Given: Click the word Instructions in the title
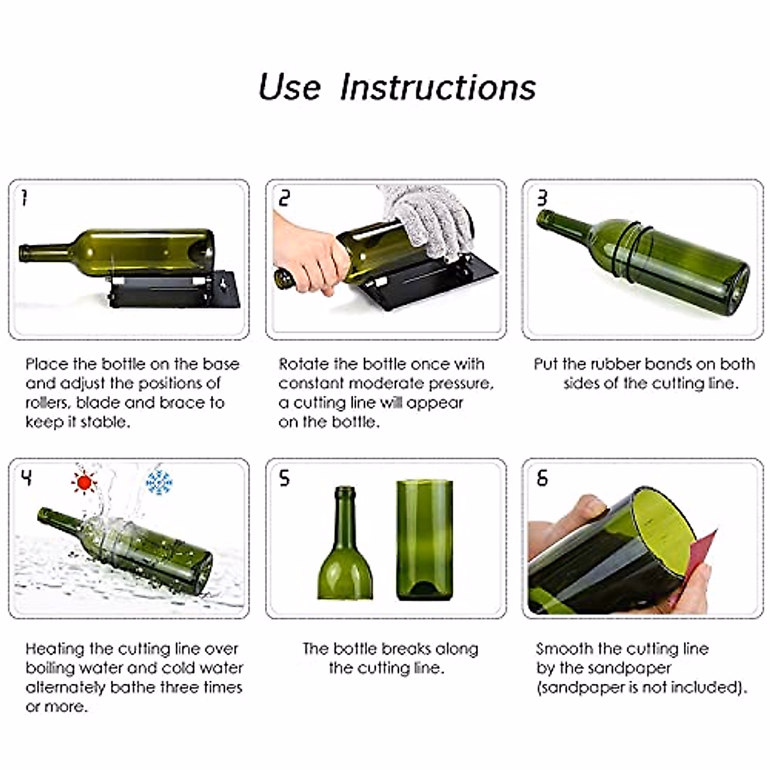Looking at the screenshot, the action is click(x=438, y=87).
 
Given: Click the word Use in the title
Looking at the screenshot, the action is click(x=289, y=87).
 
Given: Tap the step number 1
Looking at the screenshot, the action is click(x=25, y=198).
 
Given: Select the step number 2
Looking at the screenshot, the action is click(x=284, y=198).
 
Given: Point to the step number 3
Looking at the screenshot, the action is click(x=542, y=198).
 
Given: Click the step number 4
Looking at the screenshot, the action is click(x=26, y=477).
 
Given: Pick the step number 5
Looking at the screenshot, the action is click(x=284, y=477).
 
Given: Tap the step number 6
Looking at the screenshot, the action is click(x=542, y=477).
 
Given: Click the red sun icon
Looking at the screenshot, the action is click(x=84, y=483).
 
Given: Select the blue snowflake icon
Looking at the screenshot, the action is click(x=159, y=483).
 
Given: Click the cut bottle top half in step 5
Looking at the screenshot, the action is click(x=345, y=543).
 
